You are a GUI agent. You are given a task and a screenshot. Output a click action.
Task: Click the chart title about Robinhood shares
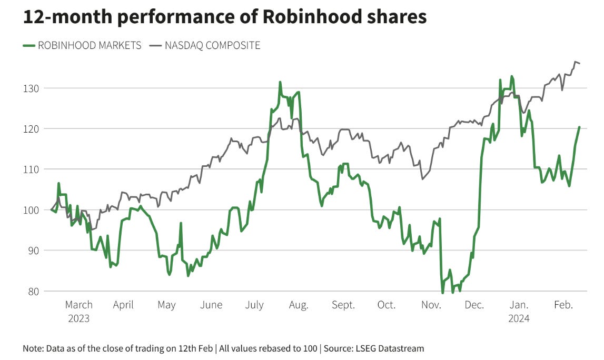(225, 17)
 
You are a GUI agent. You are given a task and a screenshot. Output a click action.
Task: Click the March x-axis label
(78, 305)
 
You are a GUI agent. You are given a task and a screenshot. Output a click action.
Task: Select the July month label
(254, 305)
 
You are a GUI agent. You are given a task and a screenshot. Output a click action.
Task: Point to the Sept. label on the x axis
(343, 305)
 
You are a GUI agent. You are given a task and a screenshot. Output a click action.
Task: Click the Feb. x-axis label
(563, 305)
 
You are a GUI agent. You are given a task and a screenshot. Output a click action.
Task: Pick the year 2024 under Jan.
(519, 318)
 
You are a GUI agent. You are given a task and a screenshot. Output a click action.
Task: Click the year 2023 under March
(78, 318)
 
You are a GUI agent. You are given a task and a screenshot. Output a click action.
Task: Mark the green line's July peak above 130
(280, 82)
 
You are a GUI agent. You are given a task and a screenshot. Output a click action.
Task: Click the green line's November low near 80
(442, 293)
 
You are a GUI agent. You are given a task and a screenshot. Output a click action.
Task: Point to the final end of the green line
(579, 127)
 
